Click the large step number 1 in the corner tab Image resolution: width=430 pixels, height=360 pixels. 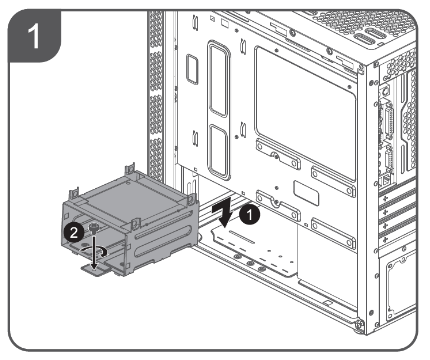click(x=34, y=36)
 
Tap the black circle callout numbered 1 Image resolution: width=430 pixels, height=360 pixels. click(x=250, y=215)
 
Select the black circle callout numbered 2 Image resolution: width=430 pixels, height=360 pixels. click(x=74, y=232)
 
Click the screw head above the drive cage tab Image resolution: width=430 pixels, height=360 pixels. click(x=94, y=227)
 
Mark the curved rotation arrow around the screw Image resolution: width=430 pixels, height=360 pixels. click(x=94, y=251)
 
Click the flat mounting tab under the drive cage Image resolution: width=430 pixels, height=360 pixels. click(x=94, y=269)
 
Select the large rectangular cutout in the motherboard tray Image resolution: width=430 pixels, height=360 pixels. click(x=305, y=112)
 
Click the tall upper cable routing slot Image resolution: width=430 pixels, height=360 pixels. click(x=219, y=79)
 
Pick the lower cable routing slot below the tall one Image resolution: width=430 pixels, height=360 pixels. click(x=219, y=151)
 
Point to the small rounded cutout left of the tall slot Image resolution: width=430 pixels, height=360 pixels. click(x=192, y=69)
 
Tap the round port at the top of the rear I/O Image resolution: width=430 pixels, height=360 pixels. click(x=385, y=90)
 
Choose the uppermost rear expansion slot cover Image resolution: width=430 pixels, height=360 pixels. click(x=397, y=196)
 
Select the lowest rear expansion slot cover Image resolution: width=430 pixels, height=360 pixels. click(x=397, y=236)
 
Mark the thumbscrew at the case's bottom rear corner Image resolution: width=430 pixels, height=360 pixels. click(x=359, y=324)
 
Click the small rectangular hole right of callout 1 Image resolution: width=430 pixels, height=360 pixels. click(x=306, y=193)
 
